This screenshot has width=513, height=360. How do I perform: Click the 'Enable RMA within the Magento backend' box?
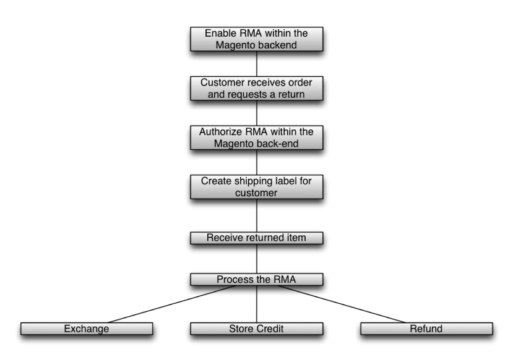click(x=257, y=40)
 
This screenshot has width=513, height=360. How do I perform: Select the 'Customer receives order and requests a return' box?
click(x=257, y=88)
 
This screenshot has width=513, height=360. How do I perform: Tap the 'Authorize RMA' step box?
click(x=257, y=138)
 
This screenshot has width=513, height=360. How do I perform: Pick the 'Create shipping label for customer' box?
click(x=257, y=186)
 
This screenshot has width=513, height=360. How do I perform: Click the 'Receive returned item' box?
click(x=257, y=238)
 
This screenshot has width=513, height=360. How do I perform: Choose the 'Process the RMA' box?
click(x=257, y=280)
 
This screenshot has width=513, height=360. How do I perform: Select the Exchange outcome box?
click(x=87, y=329)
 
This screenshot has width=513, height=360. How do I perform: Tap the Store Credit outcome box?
click(x=257, y=329)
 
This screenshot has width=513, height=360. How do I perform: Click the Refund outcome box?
click(x=426, y=329)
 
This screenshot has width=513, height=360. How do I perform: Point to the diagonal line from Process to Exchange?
click(x=172, y=304)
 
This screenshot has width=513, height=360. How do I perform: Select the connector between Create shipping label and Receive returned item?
click(x=257, y=215)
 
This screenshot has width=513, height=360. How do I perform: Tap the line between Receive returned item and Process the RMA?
click(x=257, y=259)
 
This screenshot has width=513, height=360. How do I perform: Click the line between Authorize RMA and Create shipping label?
click(x=257, y=162)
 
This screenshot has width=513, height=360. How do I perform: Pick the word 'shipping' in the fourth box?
click(x=245, y=181)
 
